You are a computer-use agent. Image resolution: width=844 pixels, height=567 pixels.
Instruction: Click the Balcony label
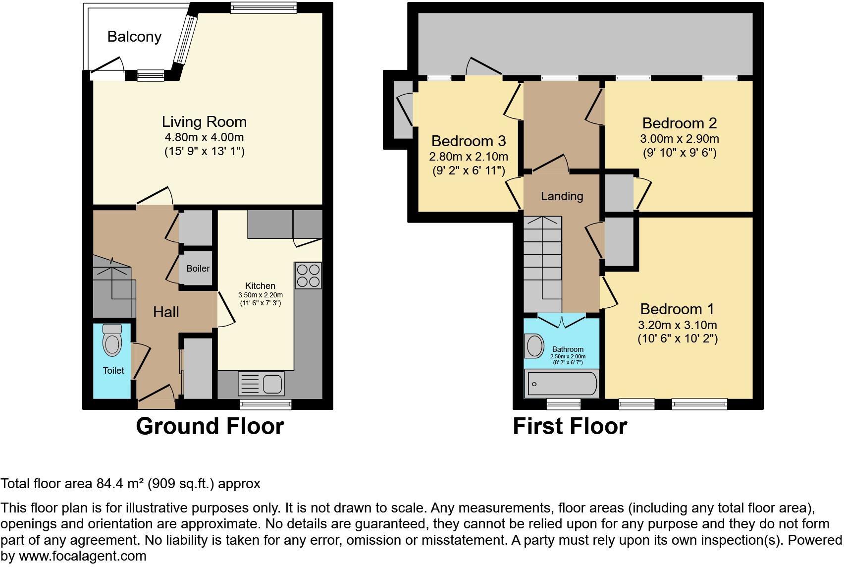tap(135, 37)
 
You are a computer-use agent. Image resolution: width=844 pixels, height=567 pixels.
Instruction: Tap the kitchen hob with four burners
tap(308, 276)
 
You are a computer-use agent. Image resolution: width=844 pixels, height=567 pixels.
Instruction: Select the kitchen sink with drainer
tap(261, 384)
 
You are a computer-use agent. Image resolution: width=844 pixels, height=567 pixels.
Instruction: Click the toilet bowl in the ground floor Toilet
tap(112, 340)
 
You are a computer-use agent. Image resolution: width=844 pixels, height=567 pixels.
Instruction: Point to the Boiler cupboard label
tap(198, 269)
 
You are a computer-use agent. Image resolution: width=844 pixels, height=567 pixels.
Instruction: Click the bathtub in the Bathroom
tap(561, 384)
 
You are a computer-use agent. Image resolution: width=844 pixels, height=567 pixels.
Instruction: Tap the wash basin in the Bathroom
tap(534, 346)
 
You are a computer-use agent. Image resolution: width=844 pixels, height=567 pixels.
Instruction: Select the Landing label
tap(562, 196)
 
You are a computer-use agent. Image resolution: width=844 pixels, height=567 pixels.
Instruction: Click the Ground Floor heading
tap(210, 426)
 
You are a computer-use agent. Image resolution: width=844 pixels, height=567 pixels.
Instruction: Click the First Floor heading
tap(570, 426)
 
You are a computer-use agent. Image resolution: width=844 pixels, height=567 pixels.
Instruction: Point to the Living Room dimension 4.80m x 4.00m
tap(204, 137)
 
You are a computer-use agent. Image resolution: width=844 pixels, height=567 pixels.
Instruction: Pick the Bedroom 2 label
tap(680, 123)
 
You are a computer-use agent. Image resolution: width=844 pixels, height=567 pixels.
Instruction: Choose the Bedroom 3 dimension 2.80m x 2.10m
tap(469, 157)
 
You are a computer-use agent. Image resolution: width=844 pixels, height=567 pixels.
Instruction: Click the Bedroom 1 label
tap(677, 309)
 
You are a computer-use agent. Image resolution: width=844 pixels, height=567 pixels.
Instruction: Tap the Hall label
tap(166, 312)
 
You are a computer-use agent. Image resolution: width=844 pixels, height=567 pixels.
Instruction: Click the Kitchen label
tap(260, 286)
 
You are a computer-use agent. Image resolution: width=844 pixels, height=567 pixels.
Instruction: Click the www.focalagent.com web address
tap(83, 556)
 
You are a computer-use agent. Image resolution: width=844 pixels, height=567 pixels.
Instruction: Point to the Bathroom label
tap(568, 349)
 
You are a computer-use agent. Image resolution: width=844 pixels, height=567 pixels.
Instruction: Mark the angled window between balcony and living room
tap(185, 40)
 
